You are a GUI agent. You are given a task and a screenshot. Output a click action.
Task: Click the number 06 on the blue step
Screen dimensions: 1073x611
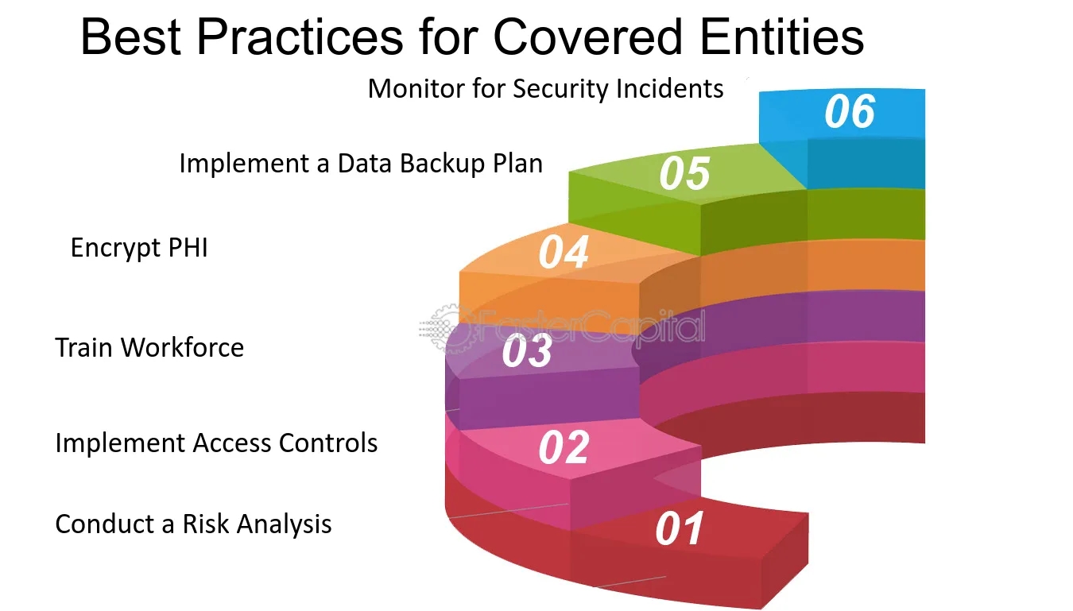pyautogui.click(x=850, y=111)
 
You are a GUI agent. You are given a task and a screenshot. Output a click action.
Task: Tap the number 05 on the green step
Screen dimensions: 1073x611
pyautogui.click(x=684, y=173)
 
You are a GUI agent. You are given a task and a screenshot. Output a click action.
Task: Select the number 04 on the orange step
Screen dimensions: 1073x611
pyautogui.click(x=564, y=253)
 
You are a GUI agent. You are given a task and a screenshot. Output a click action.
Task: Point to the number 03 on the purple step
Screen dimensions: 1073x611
pyautogui.click(x=527, y=351)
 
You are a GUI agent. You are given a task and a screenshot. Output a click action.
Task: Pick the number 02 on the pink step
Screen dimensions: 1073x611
pyautogui.click(x=564, y=447)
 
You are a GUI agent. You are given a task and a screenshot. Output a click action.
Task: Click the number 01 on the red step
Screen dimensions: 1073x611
pyautogui.click(x=680, y=528)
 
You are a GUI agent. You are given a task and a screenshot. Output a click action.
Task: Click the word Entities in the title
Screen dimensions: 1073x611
pyautogui.click(x=782, y=37)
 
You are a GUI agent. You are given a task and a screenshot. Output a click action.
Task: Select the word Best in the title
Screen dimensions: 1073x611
pyautogui.click(x=131, y=37)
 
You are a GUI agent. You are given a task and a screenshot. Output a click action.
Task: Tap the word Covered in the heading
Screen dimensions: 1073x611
pyautogui.click(x=587, y=37)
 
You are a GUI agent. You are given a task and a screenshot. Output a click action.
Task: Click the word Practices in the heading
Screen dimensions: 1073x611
pyautogui.click(x=300, y=37)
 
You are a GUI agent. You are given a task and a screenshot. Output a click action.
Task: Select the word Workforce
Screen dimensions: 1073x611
pyautogui.click(x=183, y=347)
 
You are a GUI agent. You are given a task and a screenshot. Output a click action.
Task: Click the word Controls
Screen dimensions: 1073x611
pyautogui.click(x=328, y=443)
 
